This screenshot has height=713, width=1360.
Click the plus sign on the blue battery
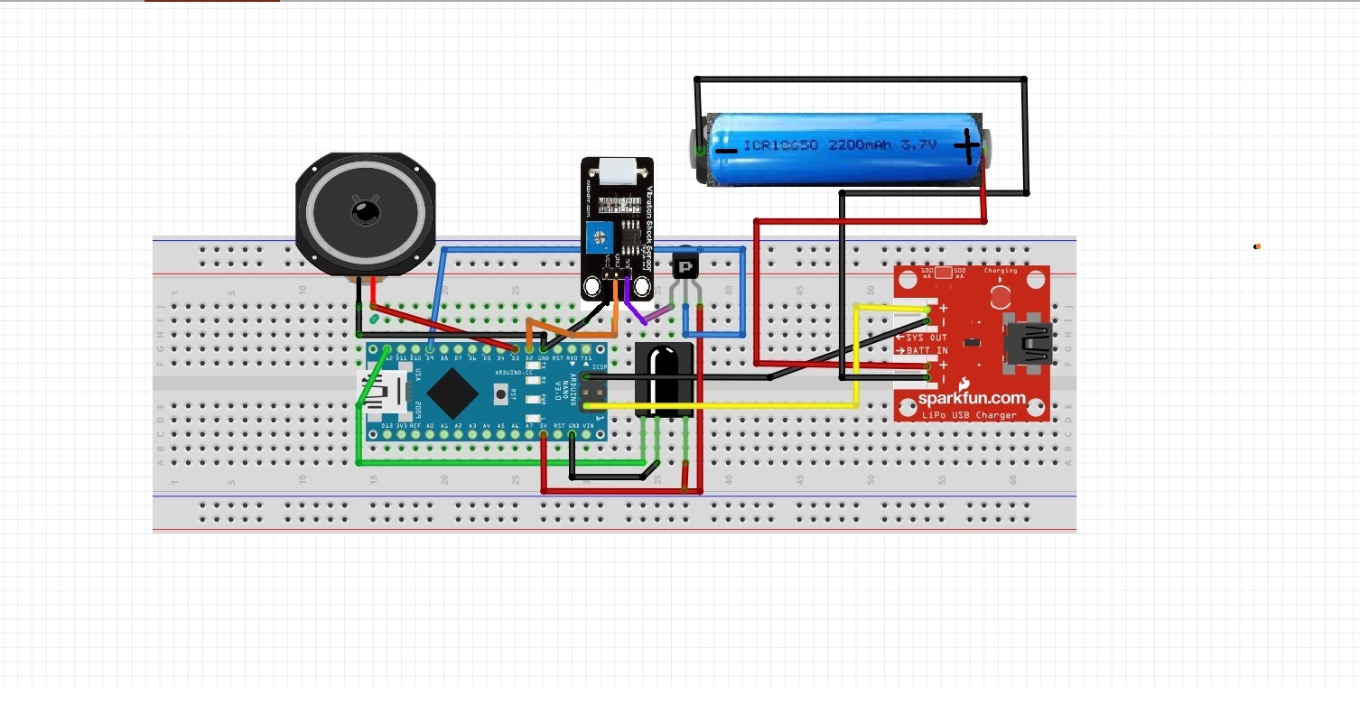pyautogui.click(x=967, y=146)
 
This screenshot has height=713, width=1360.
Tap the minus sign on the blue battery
pyautogui.click(x=725, y=149)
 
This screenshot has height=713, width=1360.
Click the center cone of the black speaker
pyautogui.click(x=366, y=212)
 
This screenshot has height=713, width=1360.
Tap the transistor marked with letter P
pyautogui.click(x=685, y=267)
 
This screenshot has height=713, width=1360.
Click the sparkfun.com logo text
pyautogui.click(x=972, y=398)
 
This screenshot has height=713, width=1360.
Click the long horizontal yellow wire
pyautogui.click(x=722, y=406)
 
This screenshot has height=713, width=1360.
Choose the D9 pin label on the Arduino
pyautogui.click(x=430, y=358)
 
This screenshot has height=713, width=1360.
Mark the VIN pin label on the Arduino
pyautogui.click(x=588, y=425)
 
